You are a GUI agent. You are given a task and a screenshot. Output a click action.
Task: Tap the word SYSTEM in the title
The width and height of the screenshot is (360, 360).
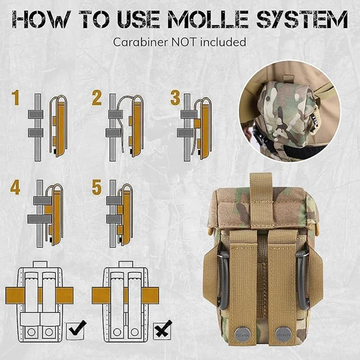[302, 19]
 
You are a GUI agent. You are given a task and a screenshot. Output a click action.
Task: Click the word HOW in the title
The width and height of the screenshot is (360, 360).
[41, 19]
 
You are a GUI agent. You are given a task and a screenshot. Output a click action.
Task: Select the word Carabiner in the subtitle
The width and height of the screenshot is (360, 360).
[140, 42]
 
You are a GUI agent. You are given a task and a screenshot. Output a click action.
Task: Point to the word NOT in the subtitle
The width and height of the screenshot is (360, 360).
[184, 42]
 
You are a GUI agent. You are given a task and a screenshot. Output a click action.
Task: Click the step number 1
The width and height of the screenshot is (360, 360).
[16, 98]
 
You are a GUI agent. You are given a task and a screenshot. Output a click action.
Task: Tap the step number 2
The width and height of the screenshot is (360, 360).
[97, 98]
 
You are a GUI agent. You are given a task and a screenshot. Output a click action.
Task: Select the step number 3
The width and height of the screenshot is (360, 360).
[175, 98]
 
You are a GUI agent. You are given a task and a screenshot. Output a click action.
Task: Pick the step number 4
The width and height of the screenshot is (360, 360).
[15, 187]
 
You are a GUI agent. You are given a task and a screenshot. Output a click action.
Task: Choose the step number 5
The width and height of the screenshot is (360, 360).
[97, 187]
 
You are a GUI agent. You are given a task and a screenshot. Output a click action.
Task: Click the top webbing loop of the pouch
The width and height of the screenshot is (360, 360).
[261, 200]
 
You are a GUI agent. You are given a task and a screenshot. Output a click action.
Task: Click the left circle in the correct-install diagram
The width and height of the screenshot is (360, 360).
[31, 332]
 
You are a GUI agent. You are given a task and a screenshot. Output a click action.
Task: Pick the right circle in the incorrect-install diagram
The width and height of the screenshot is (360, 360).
[135, 332]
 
